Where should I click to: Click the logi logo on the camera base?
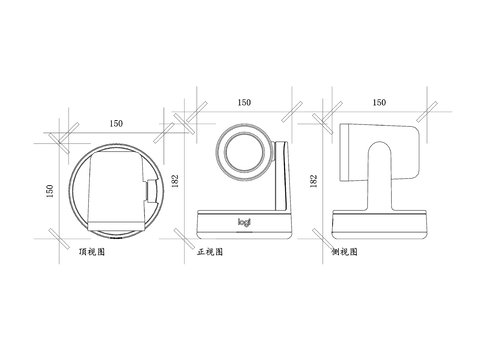244,222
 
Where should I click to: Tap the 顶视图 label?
92,252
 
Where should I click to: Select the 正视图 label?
210,252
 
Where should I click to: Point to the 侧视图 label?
344,252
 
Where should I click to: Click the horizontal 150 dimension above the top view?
116,123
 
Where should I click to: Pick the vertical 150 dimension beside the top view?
49,191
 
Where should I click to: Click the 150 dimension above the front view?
244,102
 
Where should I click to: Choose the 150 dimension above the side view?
379,102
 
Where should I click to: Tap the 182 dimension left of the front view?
175,181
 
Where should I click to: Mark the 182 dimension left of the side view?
313,181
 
